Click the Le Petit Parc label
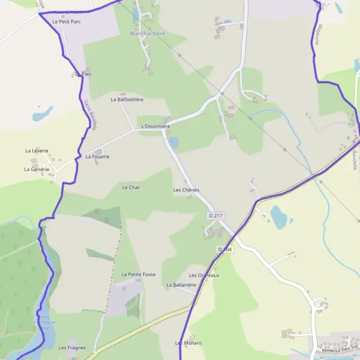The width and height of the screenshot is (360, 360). tap(66, 22)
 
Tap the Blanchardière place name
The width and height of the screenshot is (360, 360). tap(148, 34)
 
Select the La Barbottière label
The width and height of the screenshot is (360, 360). tap(127, 100)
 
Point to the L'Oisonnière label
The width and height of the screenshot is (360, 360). tap(156, 127)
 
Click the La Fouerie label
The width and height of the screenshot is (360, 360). tap(97, 157)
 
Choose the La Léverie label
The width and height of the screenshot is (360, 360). tap(37, 151)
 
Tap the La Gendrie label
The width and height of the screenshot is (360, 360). tap(37, 169)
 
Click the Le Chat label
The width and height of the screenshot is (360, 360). tap(131, 187)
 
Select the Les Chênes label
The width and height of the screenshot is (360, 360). tap(186, 190)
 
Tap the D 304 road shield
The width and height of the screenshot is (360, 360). tap(225, 248)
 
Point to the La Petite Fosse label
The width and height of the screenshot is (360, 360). tap(139, 274)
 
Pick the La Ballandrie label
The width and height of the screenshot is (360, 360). tap(181, 284)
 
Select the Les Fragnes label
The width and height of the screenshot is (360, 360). tap(72, 347)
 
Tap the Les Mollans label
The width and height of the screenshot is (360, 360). tap(188, 343)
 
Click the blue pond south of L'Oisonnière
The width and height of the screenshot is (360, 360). tap(173, 143)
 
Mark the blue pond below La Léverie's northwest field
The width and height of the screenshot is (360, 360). tap(43, 113)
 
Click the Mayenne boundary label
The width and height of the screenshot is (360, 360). tap(314, 35)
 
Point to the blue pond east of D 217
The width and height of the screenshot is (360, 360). tap(278, 217)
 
